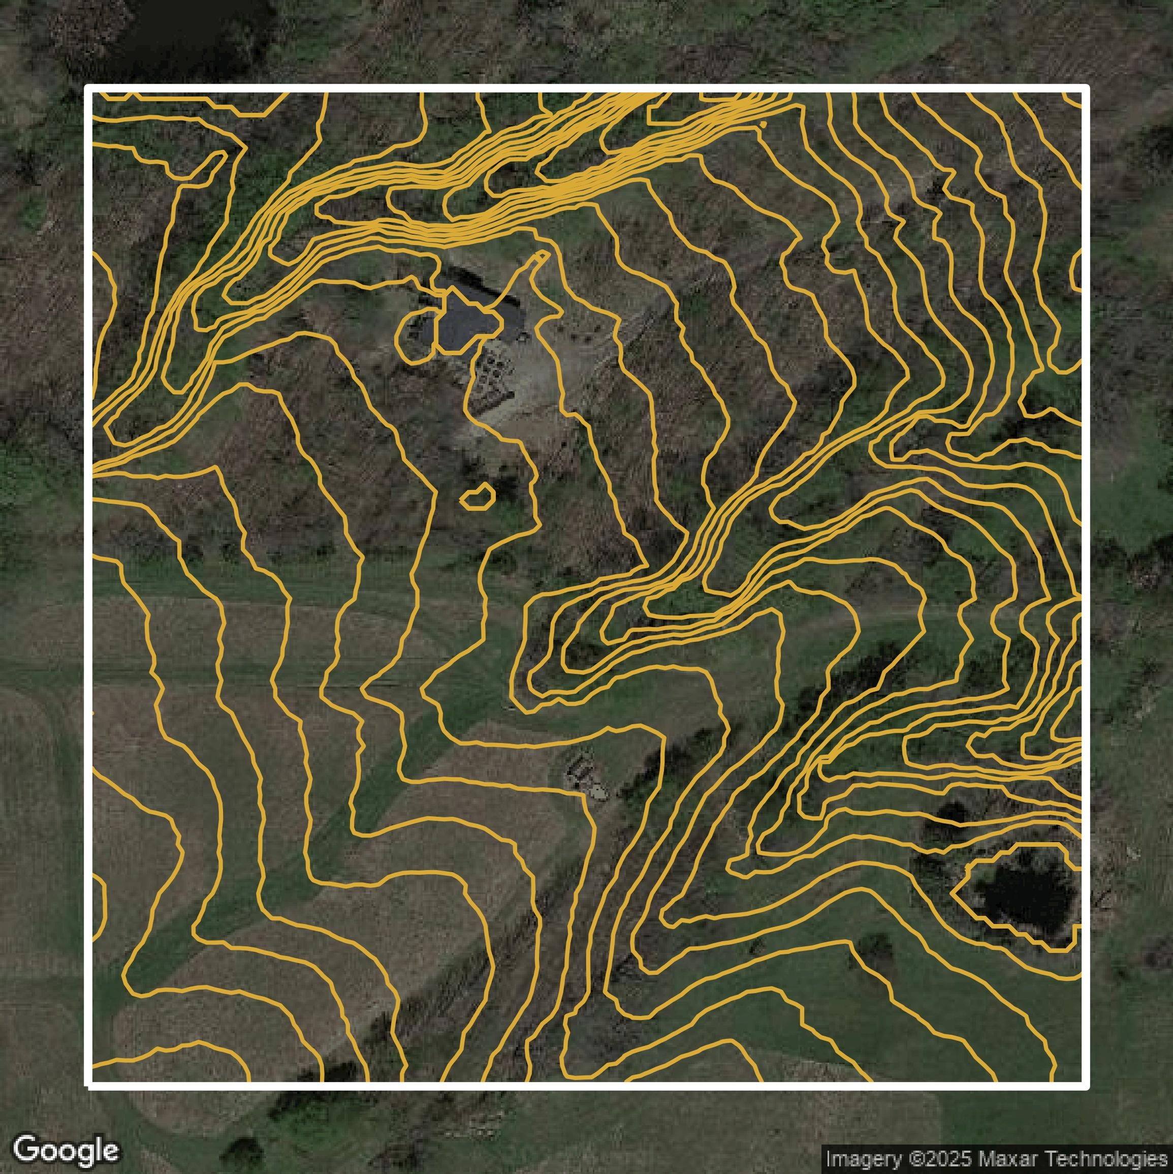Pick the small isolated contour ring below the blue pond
coord(478,497)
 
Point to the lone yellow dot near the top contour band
coord(763,125)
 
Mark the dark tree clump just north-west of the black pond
coord(950,814)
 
